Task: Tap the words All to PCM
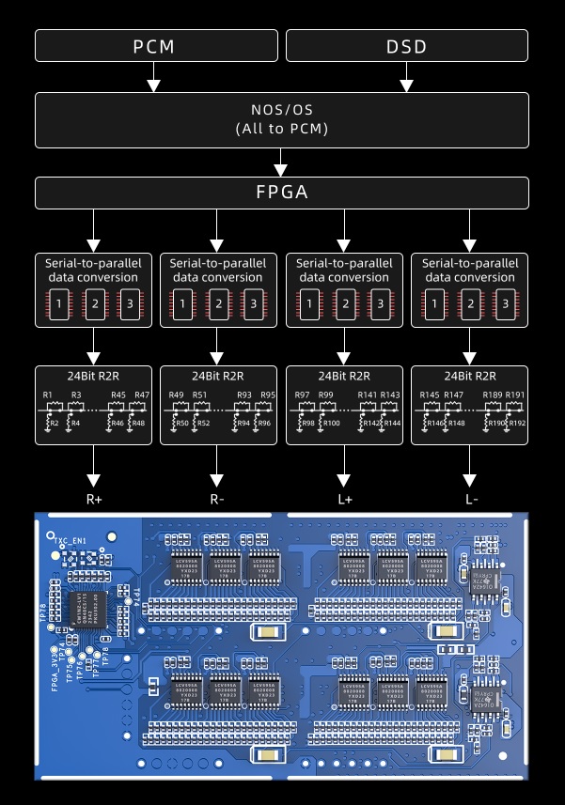click(x=281, y=129)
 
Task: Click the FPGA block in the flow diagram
click(x=281, y=193)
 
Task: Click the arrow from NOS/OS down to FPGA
click(x=281, y=163)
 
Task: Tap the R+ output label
click(x=93, y=499)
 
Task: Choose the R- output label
click(x=217, y=499)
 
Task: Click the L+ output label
click(x=343, y=499)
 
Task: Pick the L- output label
click(x=471, y=499)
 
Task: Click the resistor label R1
click(x=48, y=395)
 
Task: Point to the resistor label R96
click(x=265, y=424)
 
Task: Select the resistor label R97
click(x=302, y=395)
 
